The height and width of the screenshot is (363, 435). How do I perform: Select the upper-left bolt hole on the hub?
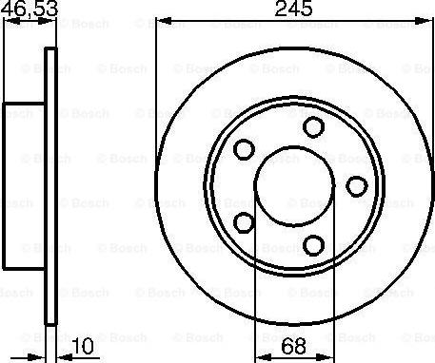coord(245,149)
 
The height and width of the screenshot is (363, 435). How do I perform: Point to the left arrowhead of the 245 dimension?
coord(162,21)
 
